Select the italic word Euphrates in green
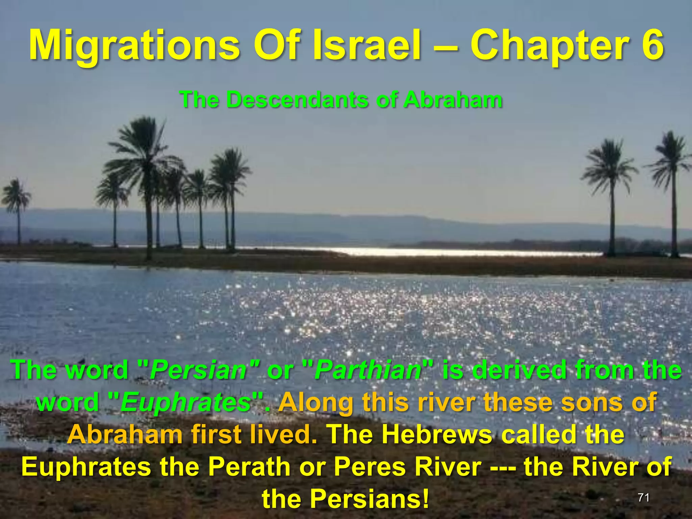tap(186, 402)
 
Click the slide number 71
tap(644, 497)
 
